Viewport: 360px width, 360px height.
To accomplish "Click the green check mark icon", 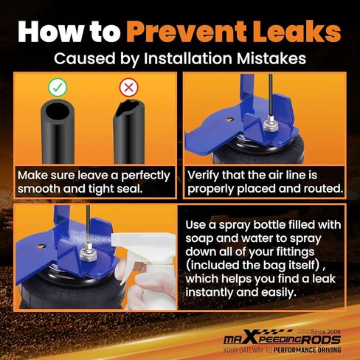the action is [x=58, y=87].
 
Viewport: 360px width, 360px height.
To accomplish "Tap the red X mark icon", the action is [x=128, y=87].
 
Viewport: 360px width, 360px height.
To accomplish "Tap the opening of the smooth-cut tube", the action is [x=58, y=111].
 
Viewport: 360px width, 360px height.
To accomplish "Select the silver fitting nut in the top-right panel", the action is [x=271, y=125].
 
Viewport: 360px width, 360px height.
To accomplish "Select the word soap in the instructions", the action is [x=198, y=238].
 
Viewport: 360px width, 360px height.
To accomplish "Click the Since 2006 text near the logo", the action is [x=325, y=332].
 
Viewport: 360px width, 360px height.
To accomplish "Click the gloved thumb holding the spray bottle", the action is [x=148, y=278].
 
